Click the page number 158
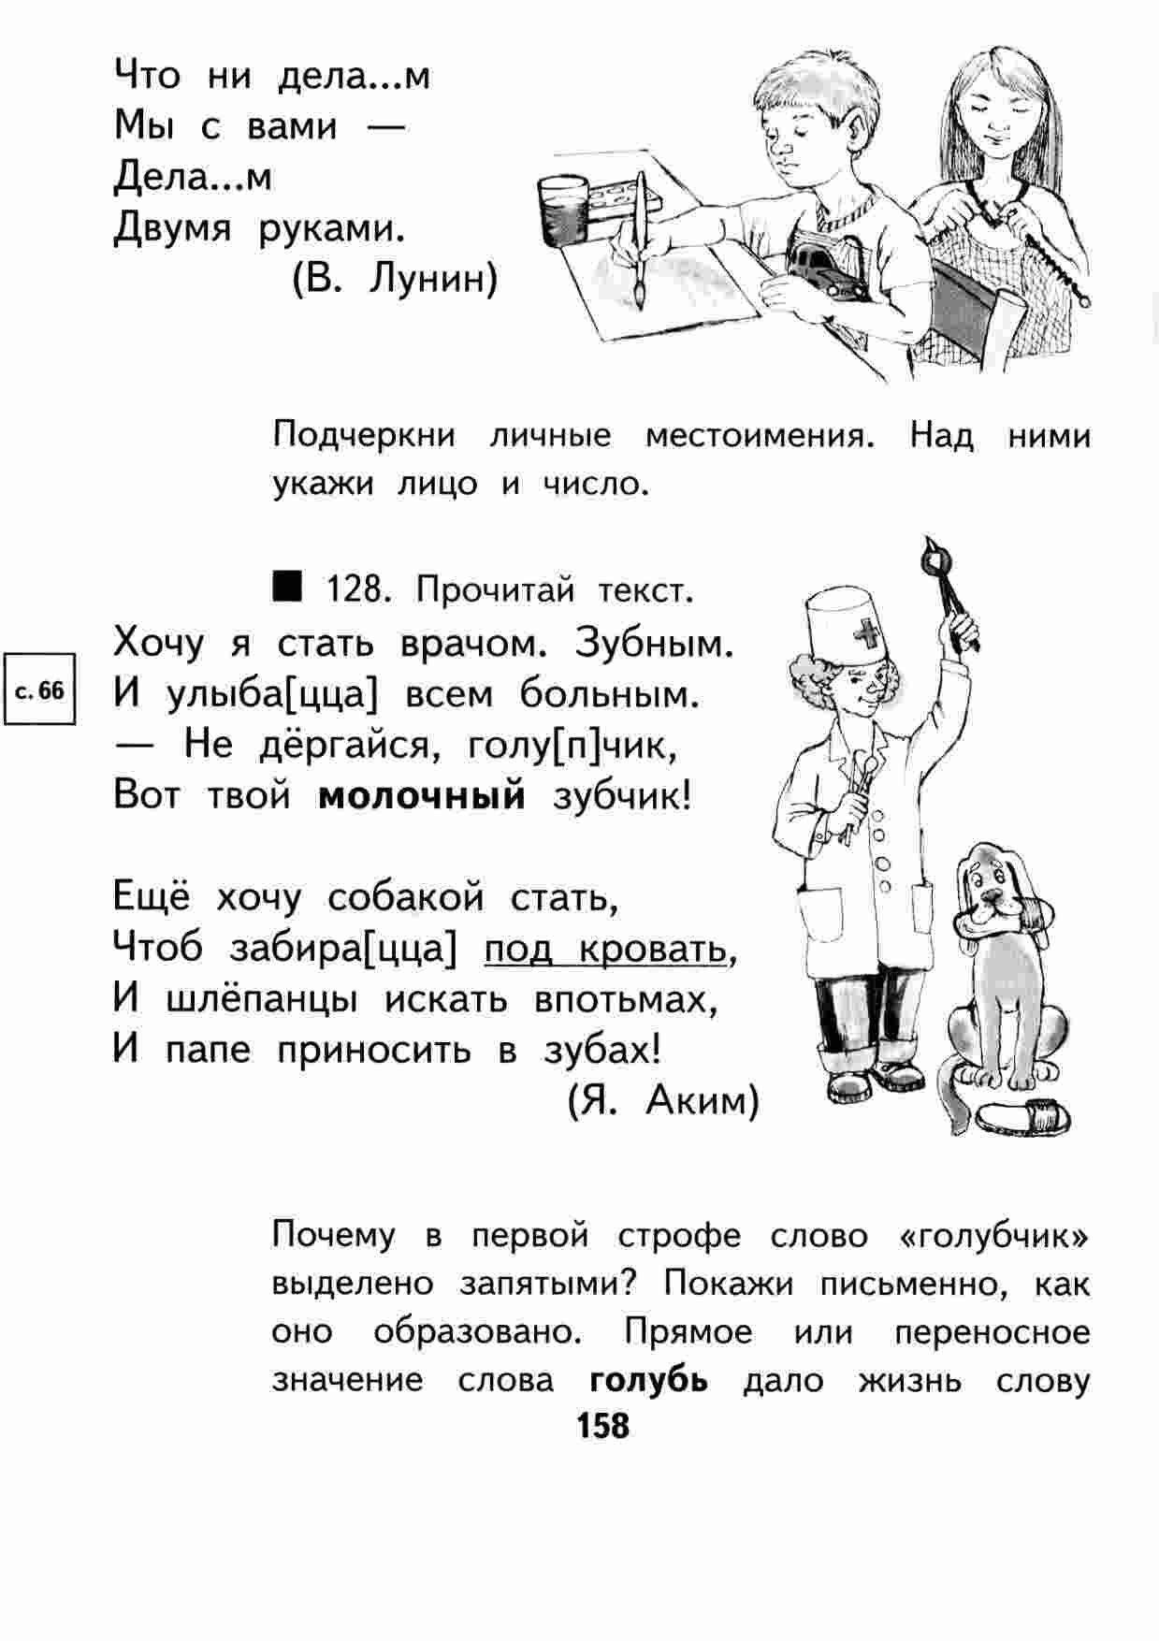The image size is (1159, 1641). [603, 1427]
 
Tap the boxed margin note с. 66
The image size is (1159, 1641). [39, 691]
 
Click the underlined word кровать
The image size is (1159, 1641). [653, 950]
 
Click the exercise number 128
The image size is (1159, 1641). [355, 590]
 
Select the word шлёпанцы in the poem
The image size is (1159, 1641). [262, 1001]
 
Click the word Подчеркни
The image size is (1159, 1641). [364, 436]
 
